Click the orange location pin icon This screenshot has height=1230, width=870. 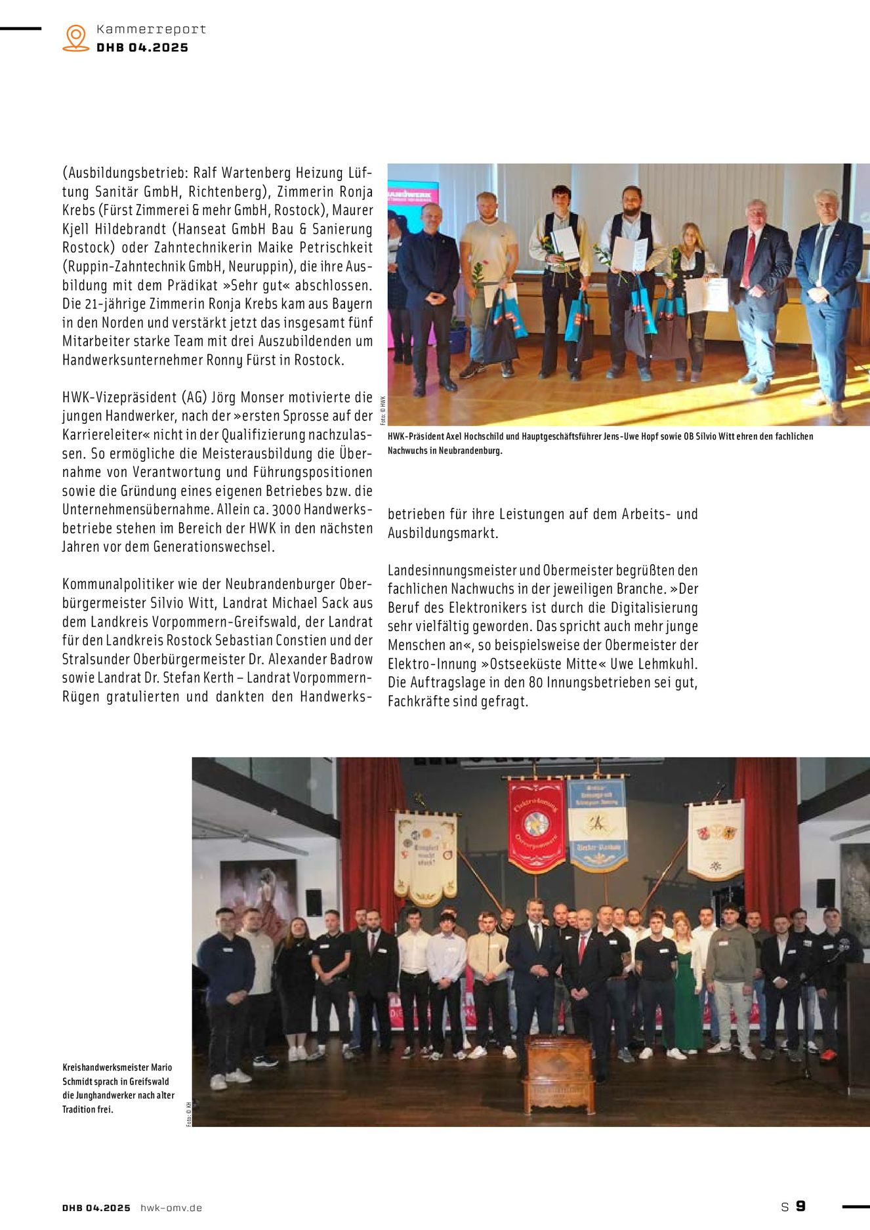pos(76,38)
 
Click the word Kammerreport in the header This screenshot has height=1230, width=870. pos(151,30)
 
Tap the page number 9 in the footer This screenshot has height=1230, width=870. pos(800,1206)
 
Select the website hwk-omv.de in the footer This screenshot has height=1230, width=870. pos(171,1208)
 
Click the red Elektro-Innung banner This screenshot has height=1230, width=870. pos(536,825)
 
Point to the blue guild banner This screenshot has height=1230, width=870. pos(596,823)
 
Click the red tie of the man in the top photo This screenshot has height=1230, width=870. pos(748,259)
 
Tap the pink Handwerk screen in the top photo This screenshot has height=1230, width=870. pos(413,197)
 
